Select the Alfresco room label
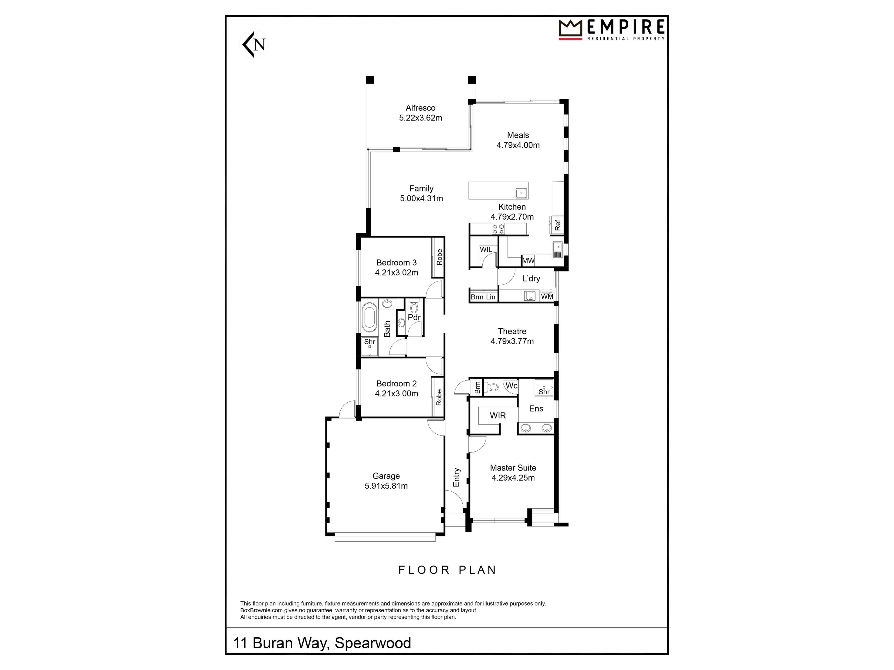click(x=420, y=108)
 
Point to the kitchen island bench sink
click(x=521, y=194)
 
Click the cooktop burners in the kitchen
click(x=498, y=229)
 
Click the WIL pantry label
click(x=486, y=250)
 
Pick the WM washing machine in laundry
click(x=547, y=296)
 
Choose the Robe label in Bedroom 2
click(x=439, y=397)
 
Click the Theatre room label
click(x=512, y=331)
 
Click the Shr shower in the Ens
click(x=544, y=387)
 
